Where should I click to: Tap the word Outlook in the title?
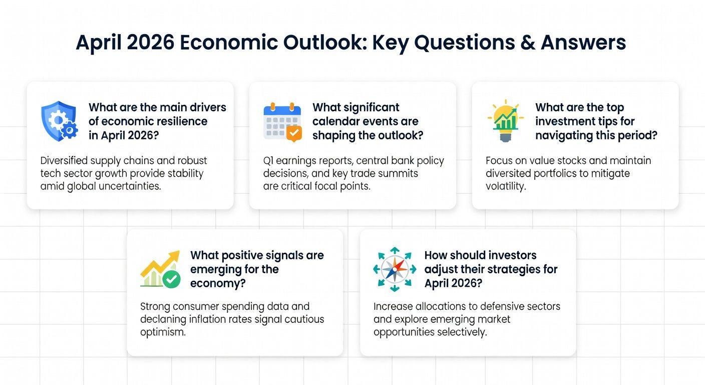325,43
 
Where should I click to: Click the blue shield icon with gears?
60,121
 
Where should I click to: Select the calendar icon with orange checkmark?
282,122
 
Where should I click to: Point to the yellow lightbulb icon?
505,121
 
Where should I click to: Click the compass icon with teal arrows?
395,269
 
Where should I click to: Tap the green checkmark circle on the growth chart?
172,279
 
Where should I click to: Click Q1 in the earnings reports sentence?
268,161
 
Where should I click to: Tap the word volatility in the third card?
506,186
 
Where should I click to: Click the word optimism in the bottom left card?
163,332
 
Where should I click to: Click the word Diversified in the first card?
64,161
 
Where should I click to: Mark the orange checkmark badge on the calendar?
294,133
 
